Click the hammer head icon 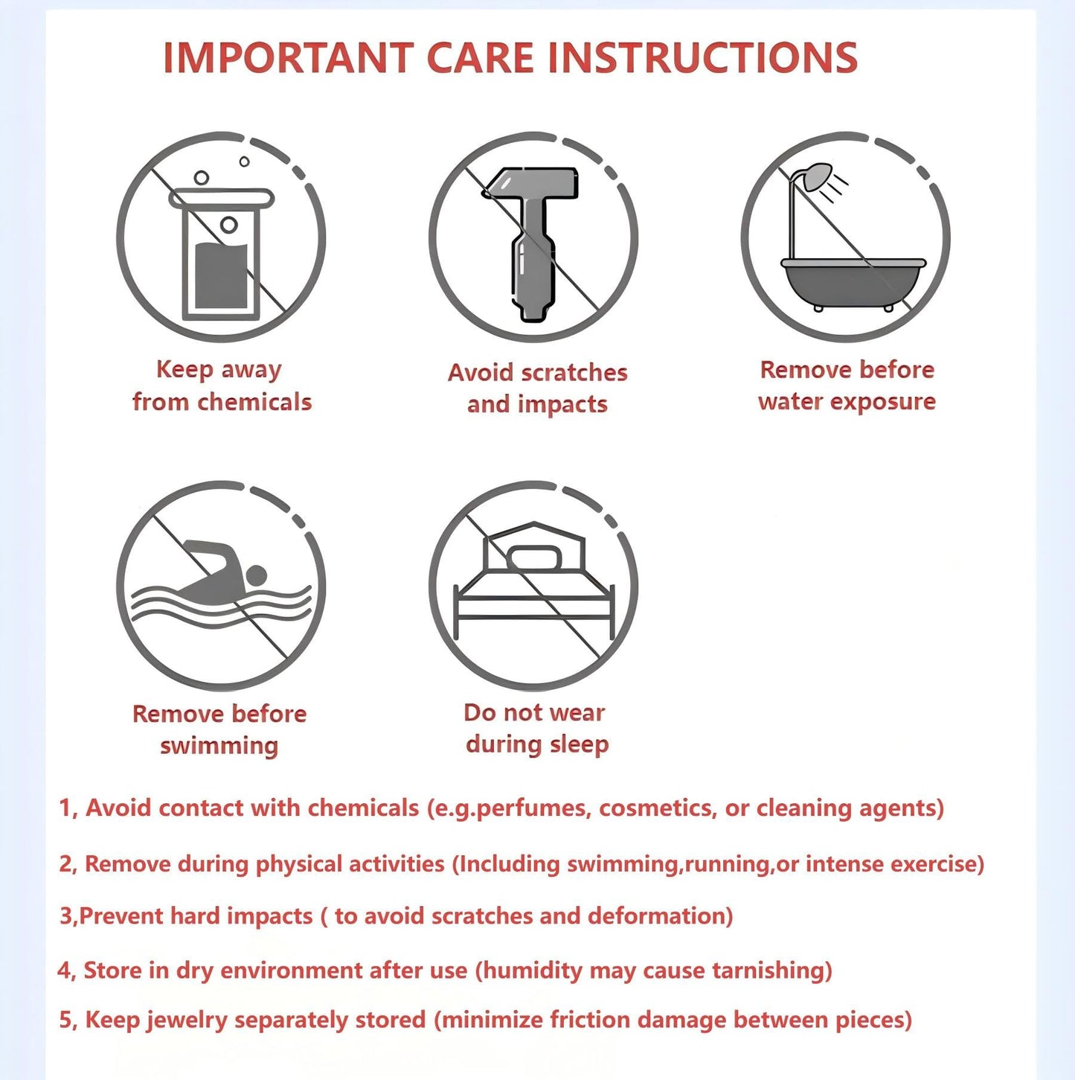pyautogui.click(x=530, y=183)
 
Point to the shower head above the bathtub pyautogui.click(x=818, y=176)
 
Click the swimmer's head pyautogui.click(x=257, y=575)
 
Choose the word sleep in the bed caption pyautogui.click(x=580, y=745)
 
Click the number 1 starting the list pyautogui.click(x=65, y=808)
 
